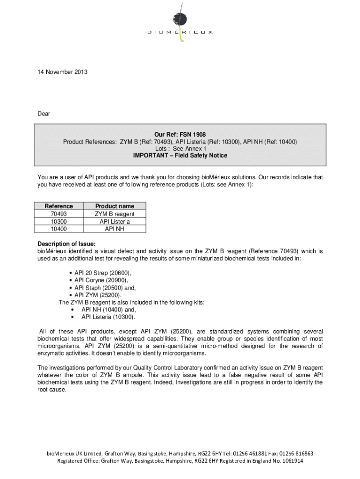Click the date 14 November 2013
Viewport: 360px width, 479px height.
tap(63, 72)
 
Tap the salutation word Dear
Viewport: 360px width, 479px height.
tap(44, 114)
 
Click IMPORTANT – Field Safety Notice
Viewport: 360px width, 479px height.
tap(180, 155)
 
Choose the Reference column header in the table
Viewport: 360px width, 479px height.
tap(58, 206)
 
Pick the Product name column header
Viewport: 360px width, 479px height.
tap(115, 206)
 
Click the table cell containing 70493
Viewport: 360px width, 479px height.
tap(58, 214)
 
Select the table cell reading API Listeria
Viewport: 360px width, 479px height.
tap(115, 221)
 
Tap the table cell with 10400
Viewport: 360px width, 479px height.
tap(58, 229)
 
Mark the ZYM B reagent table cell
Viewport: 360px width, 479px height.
tap(115, 214)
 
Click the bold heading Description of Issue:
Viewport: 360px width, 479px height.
tap(66, 244)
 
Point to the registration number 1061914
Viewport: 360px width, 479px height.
tap(290, 461)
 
